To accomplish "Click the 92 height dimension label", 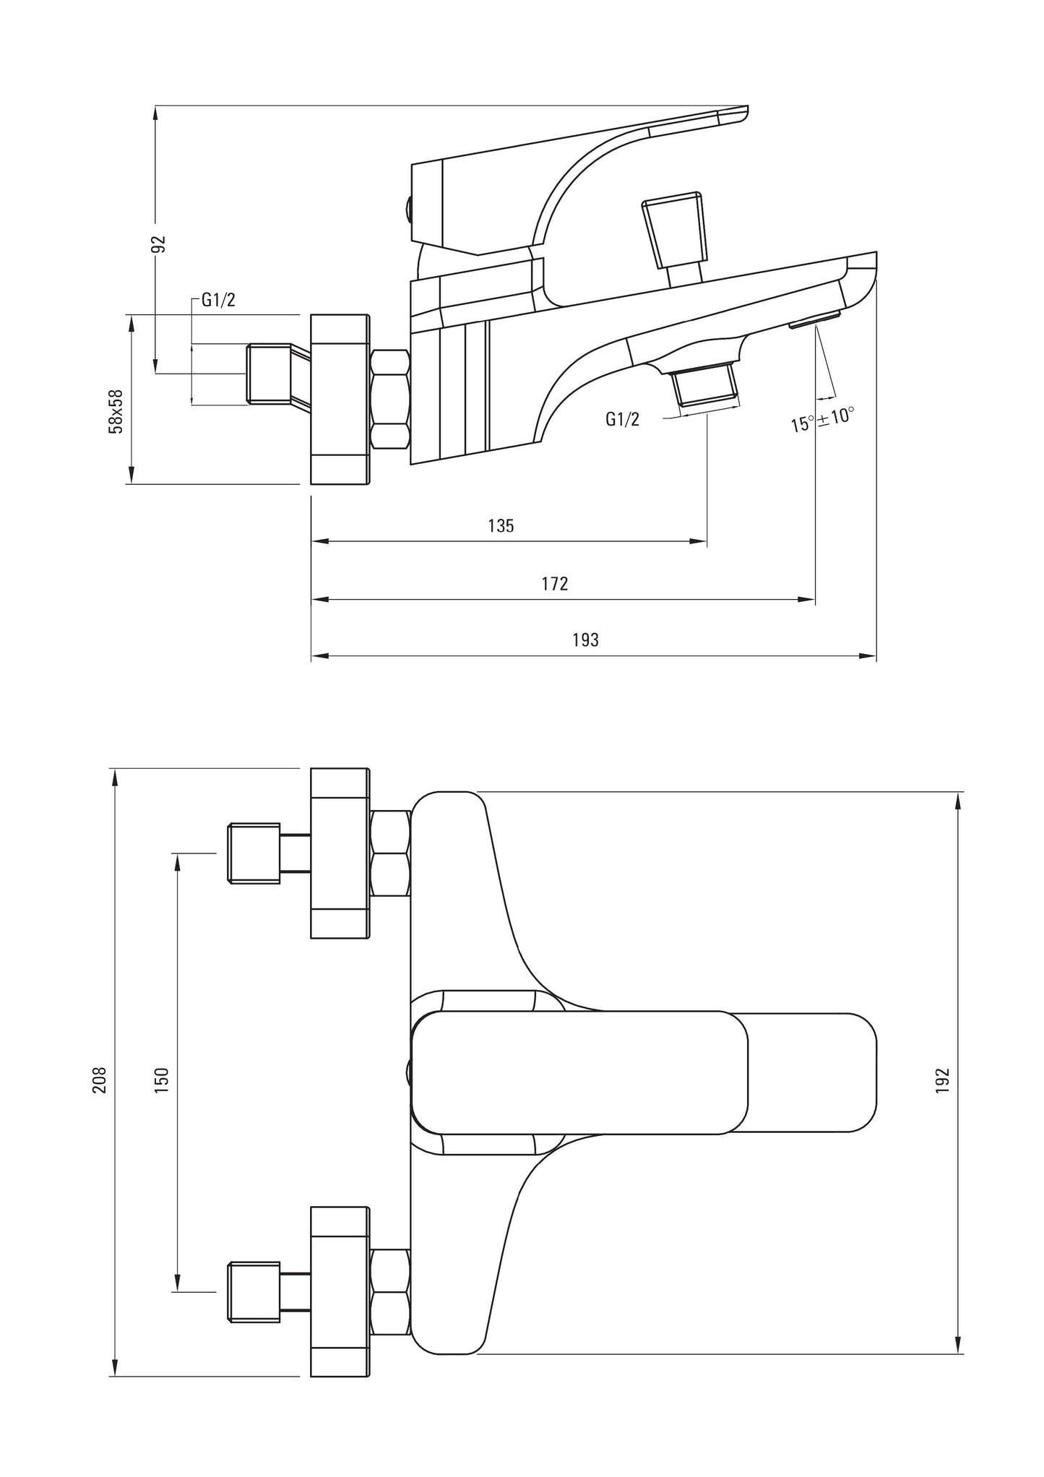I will [x=161, y=244].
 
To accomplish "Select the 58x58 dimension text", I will [x=116, y=411].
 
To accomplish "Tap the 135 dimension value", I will [x=501, y=525].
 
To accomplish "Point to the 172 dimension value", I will [x=555, y=583].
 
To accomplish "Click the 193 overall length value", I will [x=585, y=640].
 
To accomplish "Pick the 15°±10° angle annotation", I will [x=822, y=419].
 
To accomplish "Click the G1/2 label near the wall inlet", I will [x=218, y=301].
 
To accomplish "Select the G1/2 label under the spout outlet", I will [x=622, y=419].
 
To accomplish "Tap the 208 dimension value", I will [x=99, y=1080].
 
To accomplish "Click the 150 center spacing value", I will [x=161, y=1080].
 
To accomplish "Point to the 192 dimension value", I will [x=942, y=1080].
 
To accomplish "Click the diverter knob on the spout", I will [x=674, y=231].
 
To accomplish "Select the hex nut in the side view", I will [x=390, y=400].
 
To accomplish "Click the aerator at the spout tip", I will [x=815, y=319].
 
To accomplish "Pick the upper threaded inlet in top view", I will [x=254, y=853].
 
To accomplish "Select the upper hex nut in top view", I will [x=389, y=853].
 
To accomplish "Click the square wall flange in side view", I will [x=339, y=399].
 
